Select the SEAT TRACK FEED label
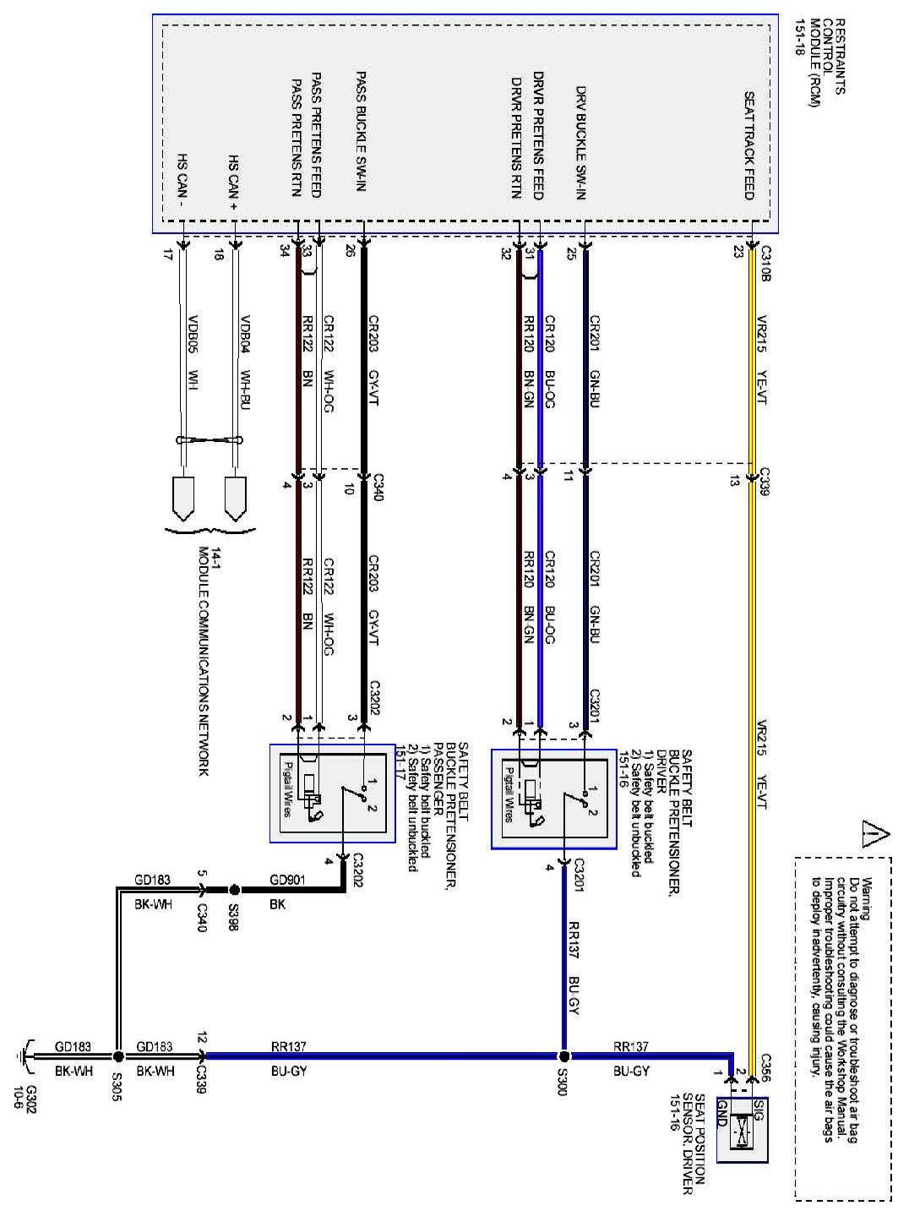[749, 145]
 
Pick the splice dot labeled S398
[235, 890]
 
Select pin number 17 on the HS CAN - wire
[168, 253]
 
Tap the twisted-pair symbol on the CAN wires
[209, 440]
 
